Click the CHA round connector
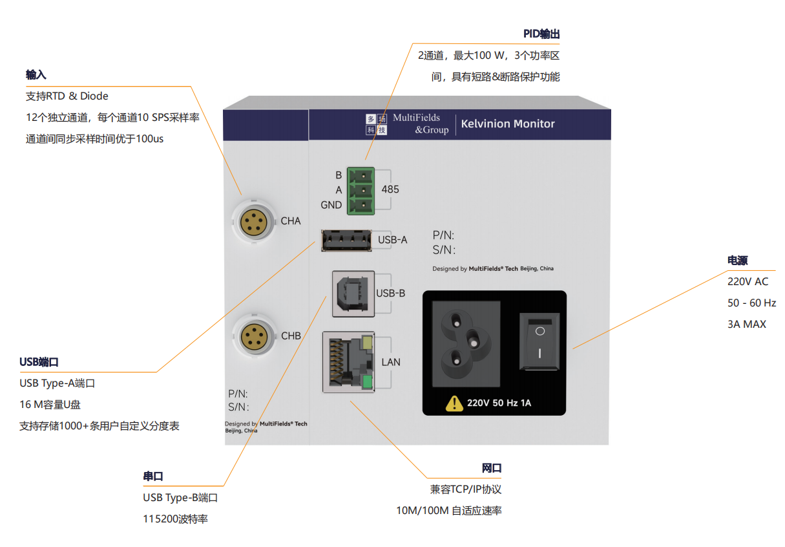(252, 222)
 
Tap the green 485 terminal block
(361, 189)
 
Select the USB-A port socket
(346, 240)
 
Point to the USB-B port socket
(353, 294)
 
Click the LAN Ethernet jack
(349, 362)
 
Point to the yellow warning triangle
(454, 403)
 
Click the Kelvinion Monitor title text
(508, 124)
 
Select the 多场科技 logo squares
(376, 124)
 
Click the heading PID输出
(541, 34)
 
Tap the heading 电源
(737, 261)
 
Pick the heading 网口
(492, 468)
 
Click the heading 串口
(153, 477)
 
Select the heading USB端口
(39, 361)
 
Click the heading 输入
(36, 75)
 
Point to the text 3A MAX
(747, 324)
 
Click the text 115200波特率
(175, 519)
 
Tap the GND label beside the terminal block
(331, 205)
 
